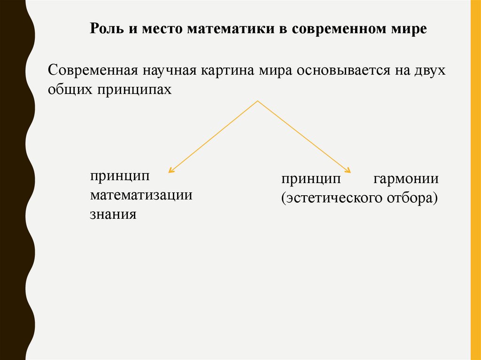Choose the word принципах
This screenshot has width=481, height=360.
coord(135,90)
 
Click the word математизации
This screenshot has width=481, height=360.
coord(141,195)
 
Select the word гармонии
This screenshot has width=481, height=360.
coord(406,179)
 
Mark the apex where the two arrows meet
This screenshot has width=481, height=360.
coord(258,100)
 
